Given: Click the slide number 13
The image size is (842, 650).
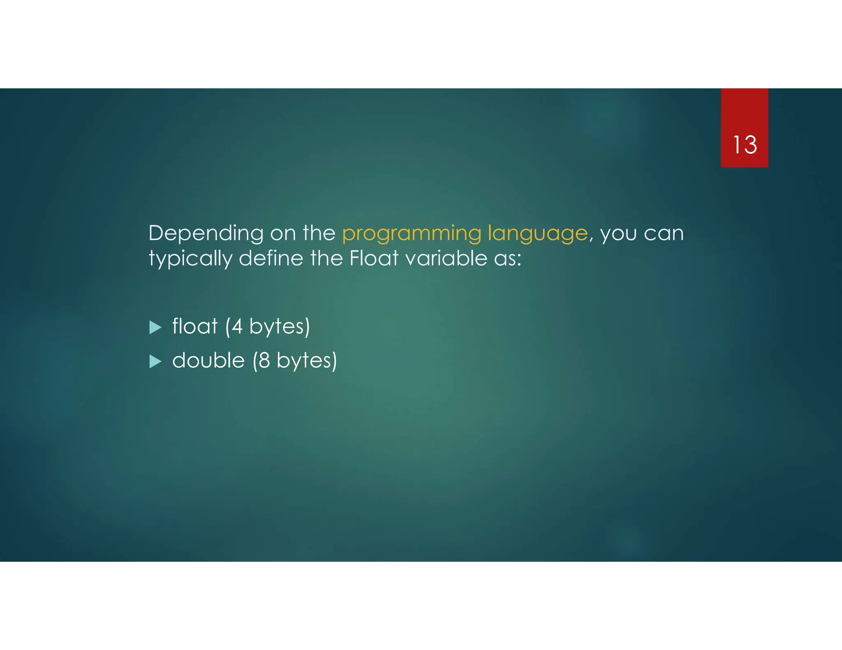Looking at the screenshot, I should click(x=745, y=145).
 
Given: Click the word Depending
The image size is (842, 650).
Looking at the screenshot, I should click(x=206, y=234).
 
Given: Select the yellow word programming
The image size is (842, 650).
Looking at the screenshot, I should click(x=412, y=234).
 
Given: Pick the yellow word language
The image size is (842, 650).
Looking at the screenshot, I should click(x=538, y=234).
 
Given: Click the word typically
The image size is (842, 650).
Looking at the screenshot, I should click(x=190, y=259).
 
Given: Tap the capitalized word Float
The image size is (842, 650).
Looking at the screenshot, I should click(x=374, y=258).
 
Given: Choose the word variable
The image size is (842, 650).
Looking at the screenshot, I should click(x=446, y=258).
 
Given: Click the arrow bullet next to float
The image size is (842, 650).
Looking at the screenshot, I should click(x=155, y=327).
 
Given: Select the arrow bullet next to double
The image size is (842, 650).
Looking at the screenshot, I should click(x=155, y=362).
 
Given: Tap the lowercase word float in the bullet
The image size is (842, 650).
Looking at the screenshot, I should click(x=194, y=327).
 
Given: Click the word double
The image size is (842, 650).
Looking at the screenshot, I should click(x=208, y=361).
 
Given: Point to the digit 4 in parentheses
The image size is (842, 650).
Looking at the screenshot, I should click(x=237, y=327).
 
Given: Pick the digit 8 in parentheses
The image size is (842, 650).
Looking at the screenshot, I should click(x=264, y=361).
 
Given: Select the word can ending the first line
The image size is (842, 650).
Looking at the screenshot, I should click(x=664, y=234).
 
